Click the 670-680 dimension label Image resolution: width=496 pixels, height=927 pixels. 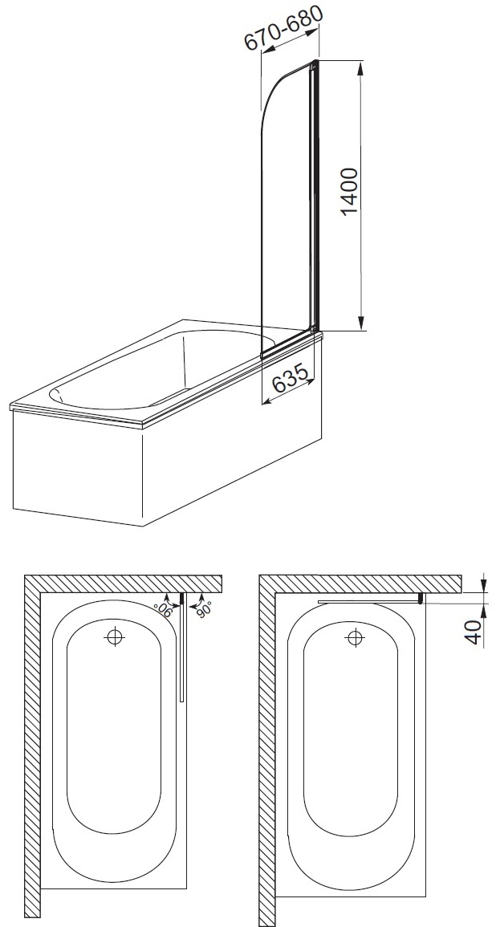pos(284,28)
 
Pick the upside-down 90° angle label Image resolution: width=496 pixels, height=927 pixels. pos(162,609)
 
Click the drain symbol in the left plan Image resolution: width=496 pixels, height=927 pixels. pos(113,636)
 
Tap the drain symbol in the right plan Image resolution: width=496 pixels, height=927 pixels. pos(355,637)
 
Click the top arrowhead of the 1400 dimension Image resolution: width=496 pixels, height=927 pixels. pos(360,67)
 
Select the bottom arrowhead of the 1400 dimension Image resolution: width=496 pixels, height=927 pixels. pos(360,324)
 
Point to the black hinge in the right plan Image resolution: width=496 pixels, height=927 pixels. pos(421,599)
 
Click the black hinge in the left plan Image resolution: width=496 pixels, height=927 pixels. pos(182,600)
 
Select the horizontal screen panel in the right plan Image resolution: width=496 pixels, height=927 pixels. pos(368,602)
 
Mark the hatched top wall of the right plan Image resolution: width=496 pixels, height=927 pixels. pos(360,583)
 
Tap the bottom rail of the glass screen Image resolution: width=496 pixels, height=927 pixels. pos(288,346)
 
